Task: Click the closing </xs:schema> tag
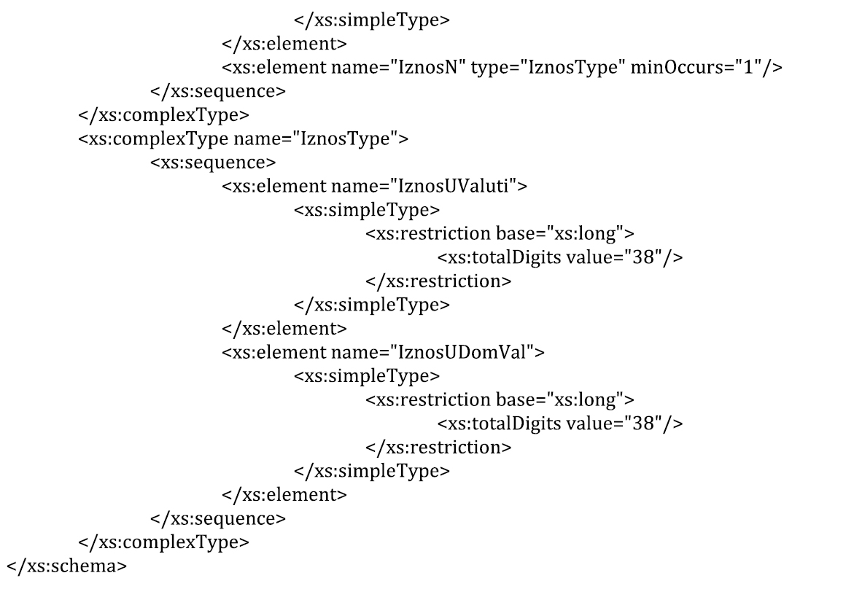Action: (x=66, y=566)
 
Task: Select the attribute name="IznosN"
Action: (x=398, y=67)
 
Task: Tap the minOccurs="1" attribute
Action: (x=696, y=67)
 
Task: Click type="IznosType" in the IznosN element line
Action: (x=548, y=67)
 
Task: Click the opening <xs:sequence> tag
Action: (x=213, y=163)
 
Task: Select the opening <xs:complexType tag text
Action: (x=153, y=139)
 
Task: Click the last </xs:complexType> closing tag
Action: (x=163, y=542)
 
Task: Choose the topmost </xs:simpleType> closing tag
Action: (x=372, y=20)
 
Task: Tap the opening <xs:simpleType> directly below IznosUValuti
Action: (x=367, y=210)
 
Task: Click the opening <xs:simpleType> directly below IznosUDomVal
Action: (x=367, y=376)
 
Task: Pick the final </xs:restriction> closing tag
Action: (x=438, y=448)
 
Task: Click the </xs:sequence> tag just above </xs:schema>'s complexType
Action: (x=218, y=518)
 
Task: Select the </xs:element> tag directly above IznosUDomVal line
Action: (x=284, y=328)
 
